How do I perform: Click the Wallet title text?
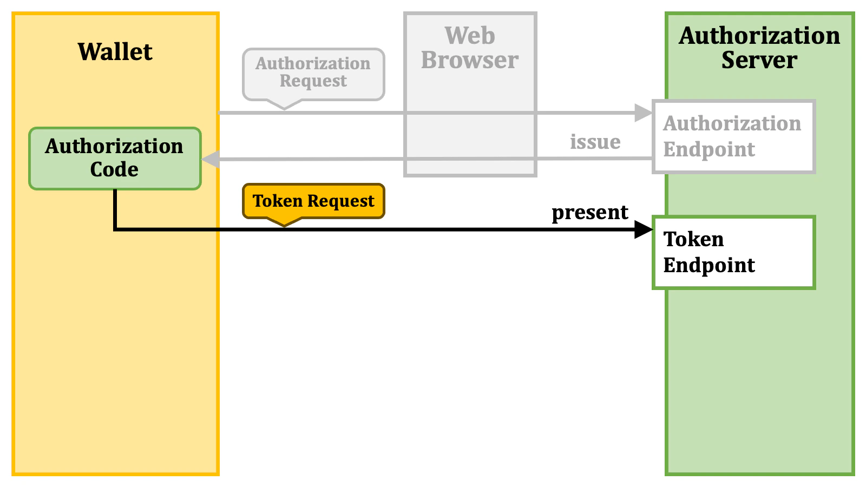(115, 52)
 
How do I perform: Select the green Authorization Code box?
(115, 158)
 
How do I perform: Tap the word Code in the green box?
(114, 169)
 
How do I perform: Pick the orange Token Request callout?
(313, 201)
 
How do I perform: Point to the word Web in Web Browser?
(470, 36)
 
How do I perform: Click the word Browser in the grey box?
(470, 60)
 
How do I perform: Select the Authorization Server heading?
(759, 48)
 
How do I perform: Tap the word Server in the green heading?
(759, 60)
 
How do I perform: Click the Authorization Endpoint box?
(733, 136)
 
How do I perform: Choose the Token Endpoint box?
(733, 253)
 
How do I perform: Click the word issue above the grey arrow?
(595, 142)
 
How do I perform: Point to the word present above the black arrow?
(590, 213)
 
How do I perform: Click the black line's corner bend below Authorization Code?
(115, 229)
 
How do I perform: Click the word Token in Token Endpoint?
(693, 239)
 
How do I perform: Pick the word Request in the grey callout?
(313, 81)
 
